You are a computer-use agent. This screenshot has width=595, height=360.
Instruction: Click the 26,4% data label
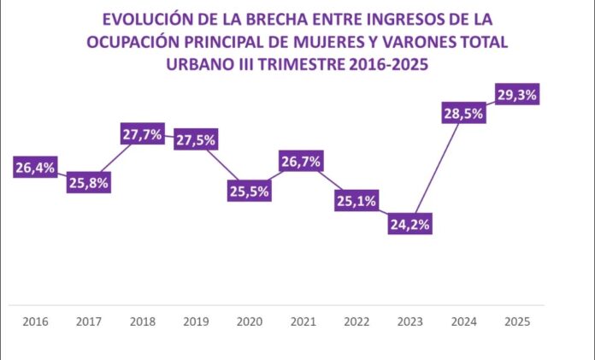(x=35, y=168)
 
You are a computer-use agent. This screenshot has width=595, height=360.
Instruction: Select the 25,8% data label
(x=88, y=183)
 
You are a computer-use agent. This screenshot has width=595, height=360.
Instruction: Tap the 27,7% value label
(x=142, y=135)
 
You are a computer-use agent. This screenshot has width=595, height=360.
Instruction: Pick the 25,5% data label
(x=249, y=192)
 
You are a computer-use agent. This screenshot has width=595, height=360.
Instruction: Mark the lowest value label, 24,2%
(x=409, y=226)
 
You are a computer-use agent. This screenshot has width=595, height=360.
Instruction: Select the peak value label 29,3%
(x=516, y=95)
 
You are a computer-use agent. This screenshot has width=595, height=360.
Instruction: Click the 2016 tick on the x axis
(x=35, y=322)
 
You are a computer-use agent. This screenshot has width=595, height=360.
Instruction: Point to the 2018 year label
(x=142, y=322)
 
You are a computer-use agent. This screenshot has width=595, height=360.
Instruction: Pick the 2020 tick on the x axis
(x=249, y=322)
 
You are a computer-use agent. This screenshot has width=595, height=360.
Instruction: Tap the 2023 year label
(x=409, y=322)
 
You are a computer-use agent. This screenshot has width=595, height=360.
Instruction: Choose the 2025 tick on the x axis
(x=516, y=322)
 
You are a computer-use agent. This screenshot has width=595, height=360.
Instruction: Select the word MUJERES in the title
(x=352, y=41)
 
